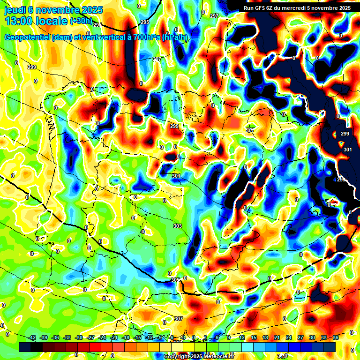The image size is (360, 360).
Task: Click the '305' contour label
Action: click(x=175, y=280)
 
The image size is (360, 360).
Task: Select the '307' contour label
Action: click(x=178, y=319)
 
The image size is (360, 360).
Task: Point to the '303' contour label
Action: click(x=177, y=226)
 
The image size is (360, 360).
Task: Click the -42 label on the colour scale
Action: click(x=33, y=337)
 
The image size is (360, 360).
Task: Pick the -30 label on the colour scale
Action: click(x=79, y=337)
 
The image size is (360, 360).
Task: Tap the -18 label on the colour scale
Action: click(x=126, y=337)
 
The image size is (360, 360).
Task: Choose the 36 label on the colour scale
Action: click(x=336, y=337)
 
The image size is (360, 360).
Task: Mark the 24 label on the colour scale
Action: click(x=289, y=337)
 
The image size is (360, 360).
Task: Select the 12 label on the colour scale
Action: click(x=241, y=337)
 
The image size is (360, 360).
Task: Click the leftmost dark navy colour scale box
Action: click(x=25, y=347)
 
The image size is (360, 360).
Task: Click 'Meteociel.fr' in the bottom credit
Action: click(x=218, y=357)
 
